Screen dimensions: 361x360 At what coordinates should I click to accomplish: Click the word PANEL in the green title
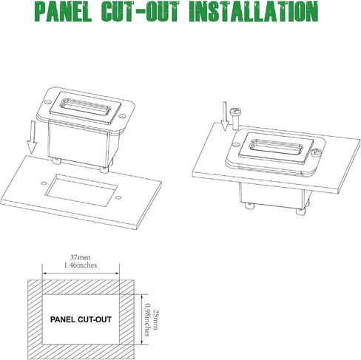pos(64,12)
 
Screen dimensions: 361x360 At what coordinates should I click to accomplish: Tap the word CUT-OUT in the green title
pos(140,12)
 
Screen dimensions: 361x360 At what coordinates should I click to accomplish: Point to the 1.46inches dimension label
pos(81,265)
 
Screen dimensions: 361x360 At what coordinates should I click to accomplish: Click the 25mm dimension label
pos(155,319)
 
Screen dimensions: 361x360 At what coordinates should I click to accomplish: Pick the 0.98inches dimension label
pos(148,319)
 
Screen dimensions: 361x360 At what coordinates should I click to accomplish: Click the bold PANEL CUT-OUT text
pos(81,319)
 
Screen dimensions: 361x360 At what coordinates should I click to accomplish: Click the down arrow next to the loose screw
pos(225,116)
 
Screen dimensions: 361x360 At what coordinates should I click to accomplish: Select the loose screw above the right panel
pos(235,118)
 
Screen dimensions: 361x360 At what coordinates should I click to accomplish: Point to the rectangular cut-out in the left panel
pos(81,190)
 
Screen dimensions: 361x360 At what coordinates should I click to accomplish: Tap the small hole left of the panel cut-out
pos(44,183)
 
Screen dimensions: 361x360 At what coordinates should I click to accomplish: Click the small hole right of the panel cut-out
pos(118,197)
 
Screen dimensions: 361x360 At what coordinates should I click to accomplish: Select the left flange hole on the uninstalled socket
pos(48,101)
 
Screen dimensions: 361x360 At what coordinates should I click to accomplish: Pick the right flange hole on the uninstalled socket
pos(122,115)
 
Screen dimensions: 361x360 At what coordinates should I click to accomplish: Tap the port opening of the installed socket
pos(276,147)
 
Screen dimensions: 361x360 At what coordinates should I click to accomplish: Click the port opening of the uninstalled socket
pos(86,106)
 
